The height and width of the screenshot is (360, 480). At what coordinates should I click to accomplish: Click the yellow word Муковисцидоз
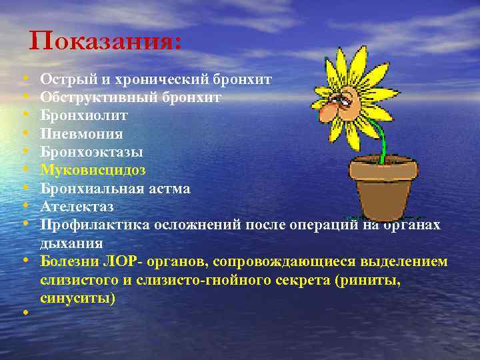[x=93, y=169]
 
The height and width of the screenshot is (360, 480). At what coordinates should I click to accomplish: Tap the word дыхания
[x=71, y=243]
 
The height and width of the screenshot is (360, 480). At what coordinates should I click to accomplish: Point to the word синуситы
[x=77, y=297]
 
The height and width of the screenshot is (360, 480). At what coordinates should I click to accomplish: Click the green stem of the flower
[x=380, y=133]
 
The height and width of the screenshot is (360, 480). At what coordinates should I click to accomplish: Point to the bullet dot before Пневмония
[x=24, y=133]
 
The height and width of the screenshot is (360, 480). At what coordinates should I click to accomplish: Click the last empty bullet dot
[x=24, y=312]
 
